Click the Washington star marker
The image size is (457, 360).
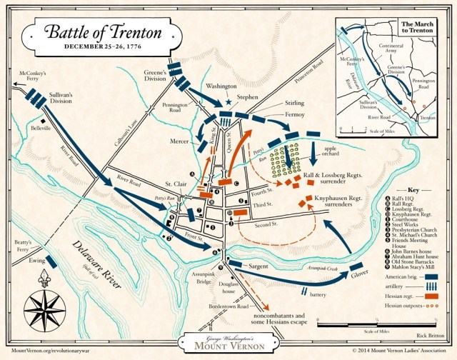(x=228, y=101)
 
